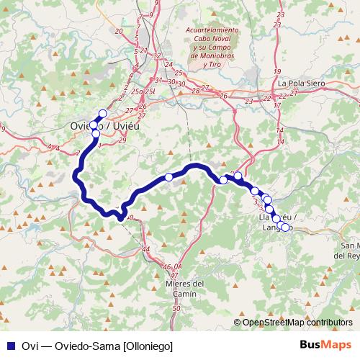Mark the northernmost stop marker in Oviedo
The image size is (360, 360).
102,112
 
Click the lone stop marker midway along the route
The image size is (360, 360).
168,177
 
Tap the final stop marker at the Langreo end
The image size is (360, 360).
285,228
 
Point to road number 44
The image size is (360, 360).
147,248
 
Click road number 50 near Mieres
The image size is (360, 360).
177,308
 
